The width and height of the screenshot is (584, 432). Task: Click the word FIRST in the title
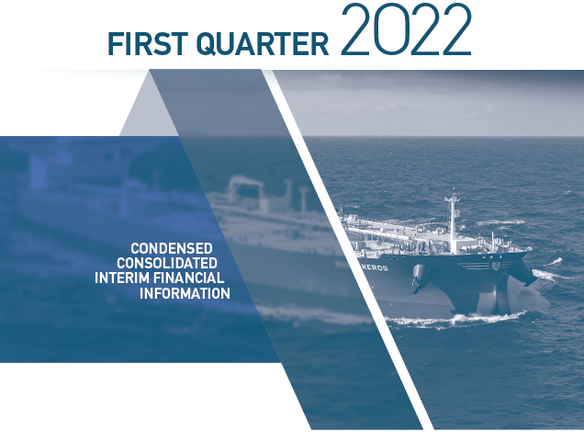tap(148, 44)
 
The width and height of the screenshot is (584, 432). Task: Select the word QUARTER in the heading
tap(263, 45)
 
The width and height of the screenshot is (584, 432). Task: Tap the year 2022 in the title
tap(406, 29)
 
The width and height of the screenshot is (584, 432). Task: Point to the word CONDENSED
tap(172, 248)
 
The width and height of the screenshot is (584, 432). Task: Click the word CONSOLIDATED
tap(167, 263)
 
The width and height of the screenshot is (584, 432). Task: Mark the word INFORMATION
tap(185, 293)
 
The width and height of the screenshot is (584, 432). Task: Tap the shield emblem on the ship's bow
tap(495, 266)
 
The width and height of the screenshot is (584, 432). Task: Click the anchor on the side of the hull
tap(421, 278)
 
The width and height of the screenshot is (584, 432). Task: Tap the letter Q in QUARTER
tap(208, 45)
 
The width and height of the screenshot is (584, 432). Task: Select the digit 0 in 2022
tap(390, 29)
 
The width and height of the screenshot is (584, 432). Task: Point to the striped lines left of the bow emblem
tap(474, 266)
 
